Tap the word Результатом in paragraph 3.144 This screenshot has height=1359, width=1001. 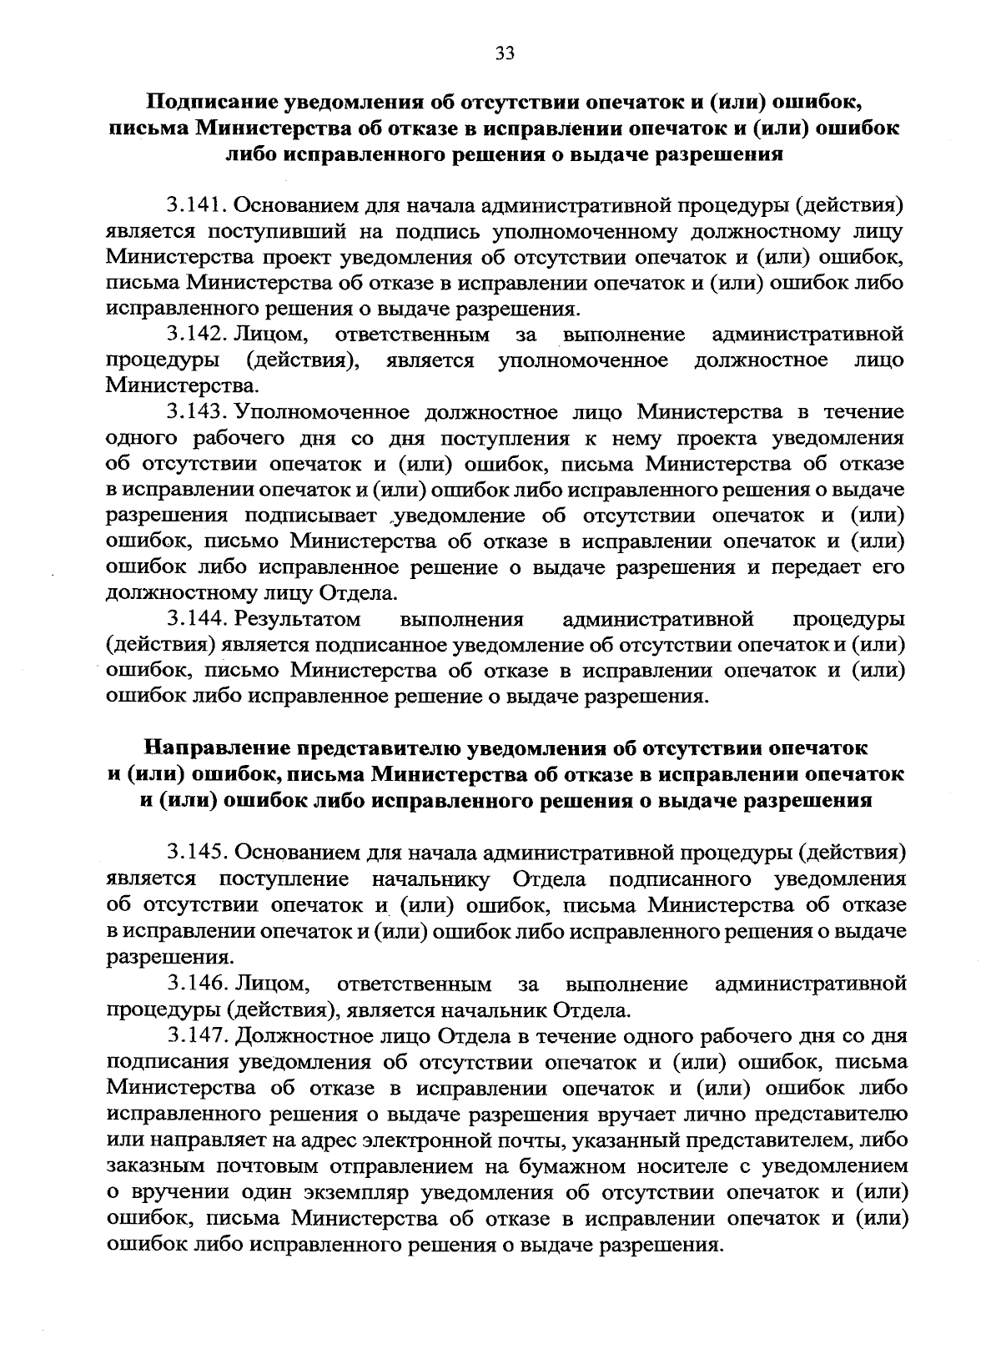click(x=298, y=619)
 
